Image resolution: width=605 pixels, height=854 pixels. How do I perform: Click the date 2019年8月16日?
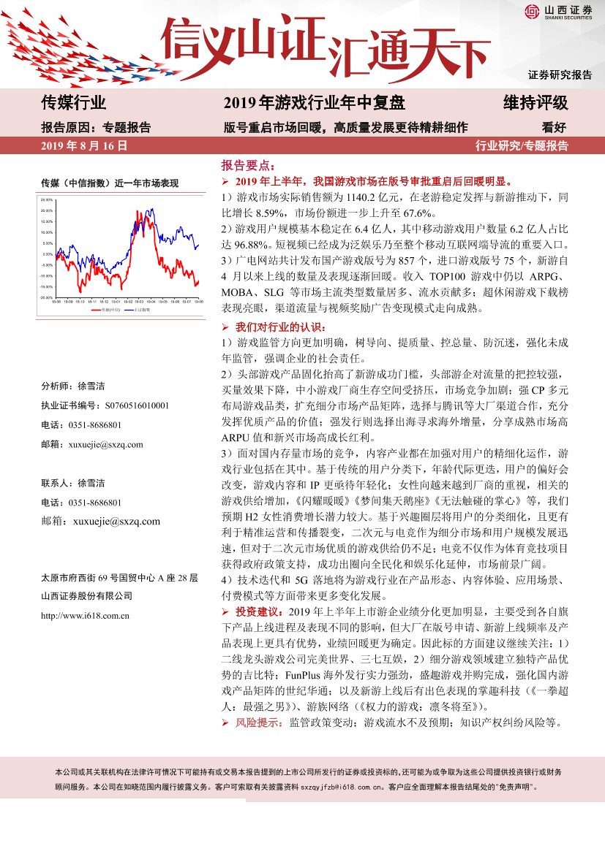click(x=84, y=145)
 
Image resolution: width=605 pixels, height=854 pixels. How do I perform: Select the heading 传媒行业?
click(x=74, y=102)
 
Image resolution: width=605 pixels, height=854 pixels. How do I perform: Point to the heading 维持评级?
click(x=535, y=102)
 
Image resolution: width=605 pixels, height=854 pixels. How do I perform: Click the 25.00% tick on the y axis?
click(x=47, y=199)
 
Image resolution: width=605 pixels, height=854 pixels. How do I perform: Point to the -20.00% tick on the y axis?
click(x=46, y=297)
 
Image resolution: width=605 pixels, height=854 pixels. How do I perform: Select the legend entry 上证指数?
click(x=143, y=310)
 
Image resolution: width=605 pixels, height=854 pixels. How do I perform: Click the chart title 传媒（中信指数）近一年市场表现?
click(x=110, y=183)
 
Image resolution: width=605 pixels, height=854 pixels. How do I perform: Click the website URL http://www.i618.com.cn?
click(x=86, y=615)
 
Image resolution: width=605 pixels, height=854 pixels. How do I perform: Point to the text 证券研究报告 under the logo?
click(x=560, y=75)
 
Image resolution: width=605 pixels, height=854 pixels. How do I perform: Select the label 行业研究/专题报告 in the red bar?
click(x=522, y=145)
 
